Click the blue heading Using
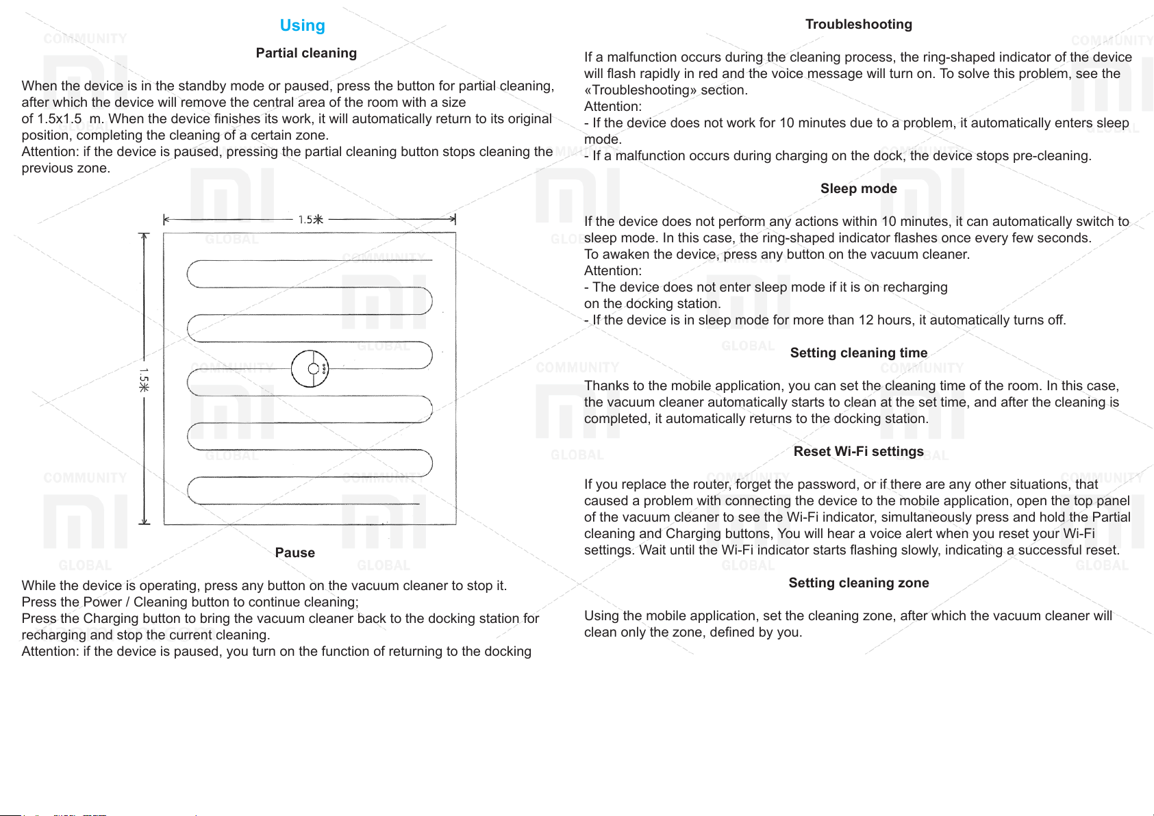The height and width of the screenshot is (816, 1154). pos(302,25)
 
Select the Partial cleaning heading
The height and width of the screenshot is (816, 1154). pos(306,53)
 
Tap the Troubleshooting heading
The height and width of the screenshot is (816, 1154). pos(858,25)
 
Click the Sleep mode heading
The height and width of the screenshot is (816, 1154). pos(858,189)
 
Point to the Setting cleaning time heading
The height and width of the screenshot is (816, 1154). pos(858,353)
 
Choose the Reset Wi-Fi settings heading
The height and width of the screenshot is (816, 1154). pos(858,452)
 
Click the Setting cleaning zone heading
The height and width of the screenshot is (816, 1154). pos(858,583)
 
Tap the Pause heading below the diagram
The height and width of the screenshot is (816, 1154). pos(294,553)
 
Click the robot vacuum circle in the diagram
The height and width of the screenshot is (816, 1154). pos(310,369)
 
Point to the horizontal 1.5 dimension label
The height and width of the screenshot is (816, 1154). pos(310,220)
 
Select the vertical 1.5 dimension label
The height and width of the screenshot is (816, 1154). pos(144,380)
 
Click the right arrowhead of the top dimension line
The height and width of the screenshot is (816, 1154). pos(453,220)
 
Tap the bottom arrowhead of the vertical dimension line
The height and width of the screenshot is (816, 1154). pos(144,521)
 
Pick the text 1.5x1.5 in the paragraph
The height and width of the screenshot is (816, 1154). pos(60,119)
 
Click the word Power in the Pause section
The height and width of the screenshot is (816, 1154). pos(101,602)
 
